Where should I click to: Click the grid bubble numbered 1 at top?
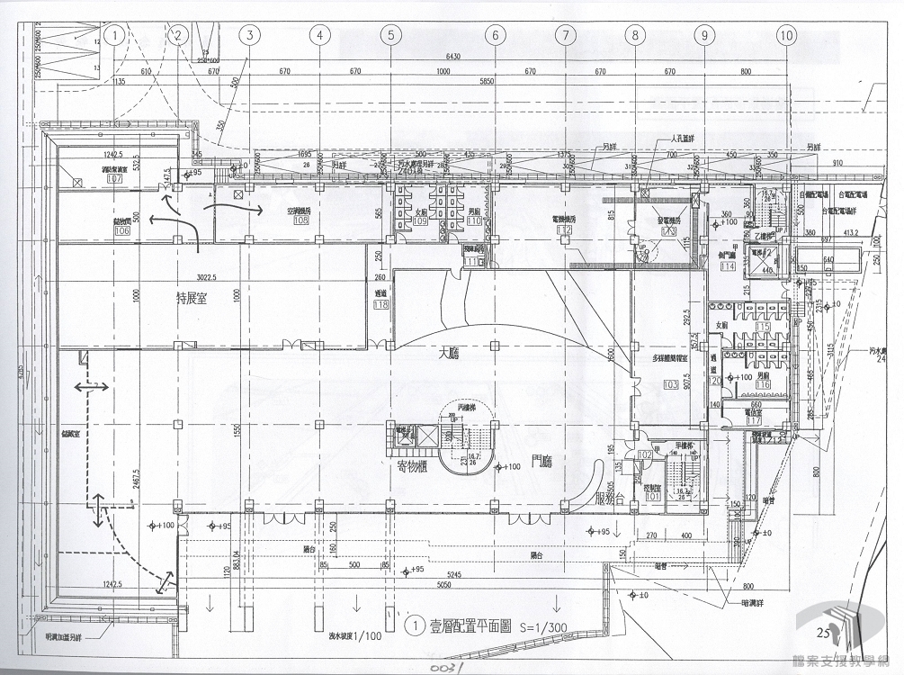click(x=114, y=35)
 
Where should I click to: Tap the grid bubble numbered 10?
click(x=787, y=35)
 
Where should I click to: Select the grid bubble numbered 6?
click(x=494, y=35)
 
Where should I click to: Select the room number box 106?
click(x=122, y=231)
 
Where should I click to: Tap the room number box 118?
click(x=380, y=304)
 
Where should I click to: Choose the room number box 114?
click(x=729, y=265)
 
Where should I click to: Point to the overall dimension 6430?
click(x=447, y=58)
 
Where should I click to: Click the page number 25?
click(x=821, y=633)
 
